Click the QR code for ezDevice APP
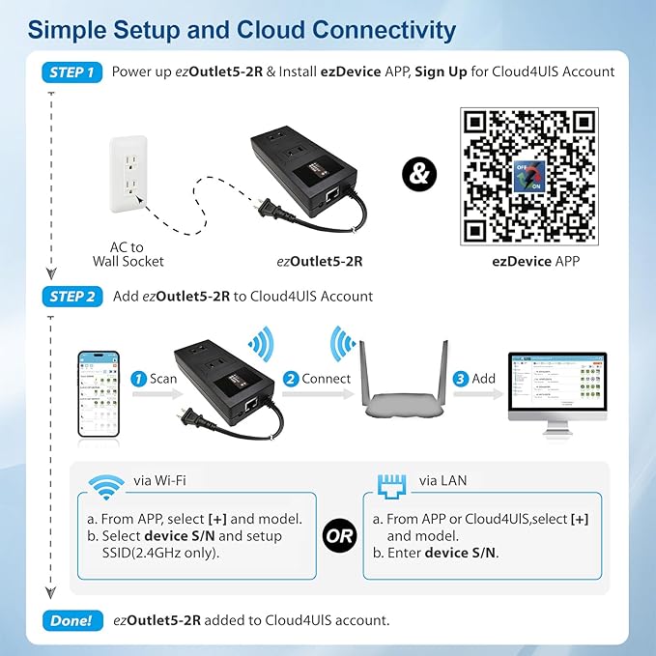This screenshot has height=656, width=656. (x=529, y=175)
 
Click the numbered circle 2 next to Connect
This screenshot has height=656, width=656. (x=289, y=379)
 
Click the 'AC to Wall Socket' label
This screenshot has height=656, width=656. (x=128, y=253)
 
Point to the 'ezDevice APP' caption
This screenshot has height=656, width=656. (x=529, y=261)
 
